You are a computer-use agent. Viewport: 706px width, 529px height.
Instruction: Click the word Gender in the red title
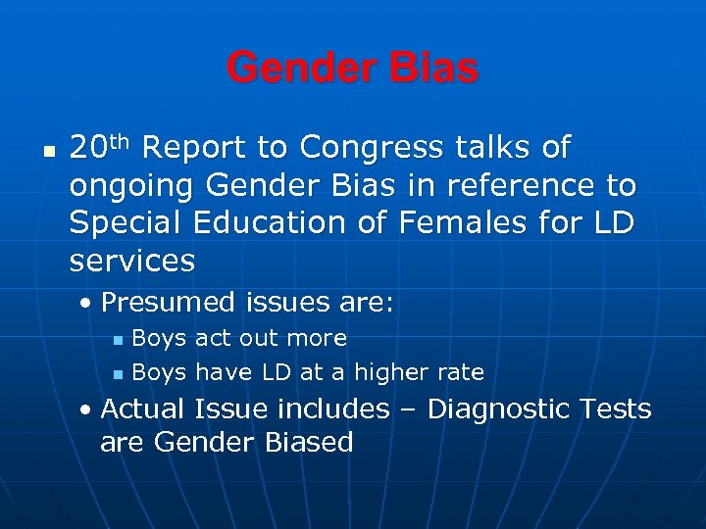pos(298,69)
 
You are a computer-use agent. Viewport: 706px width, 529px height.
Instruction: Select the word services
pos(132,261)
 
